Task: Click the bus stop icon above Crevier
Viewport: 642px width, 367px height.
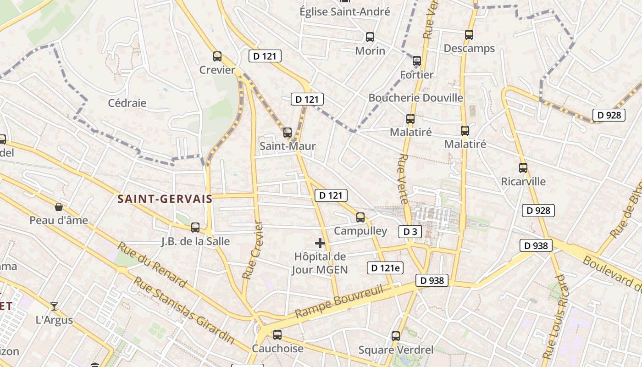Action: pos(217,56)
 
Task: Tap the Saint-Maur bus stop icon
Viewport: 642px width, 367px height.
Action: pos(288,133)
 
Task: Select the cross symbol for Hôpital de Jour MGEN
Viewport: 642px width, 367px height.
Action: pos(320,243)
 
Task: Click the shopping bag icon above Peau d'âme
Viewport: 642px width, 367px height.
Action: pos(59,207)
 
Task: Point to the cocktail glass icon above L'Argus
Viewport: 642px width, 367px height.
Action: pos(54,306)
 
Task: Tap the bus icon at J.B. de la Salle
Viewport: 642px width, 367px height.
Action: pos(195,227)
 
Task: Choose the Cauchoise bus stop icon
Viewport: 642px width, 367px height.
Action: pos(277,335)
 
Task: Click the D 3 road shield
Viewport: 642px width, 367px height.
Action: pos(410,232)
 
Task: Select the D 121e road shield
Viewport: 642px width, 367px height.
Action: pos(385,268)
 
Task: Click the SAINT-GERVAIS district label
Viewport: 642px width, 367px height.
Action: pos(165,199)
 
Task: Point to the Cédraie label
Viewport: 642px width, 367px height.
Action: pos(127,103)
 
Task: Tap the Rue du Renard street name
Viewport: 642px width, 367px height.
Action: pos(152,265)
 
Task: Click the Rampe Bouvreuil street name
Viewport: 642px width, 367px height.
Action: pos(339,301)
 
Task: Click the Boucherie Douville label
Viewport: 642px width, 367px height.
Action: pos(415,98)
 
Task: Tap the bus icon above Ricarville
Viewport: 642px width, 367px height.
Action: pos(523,168)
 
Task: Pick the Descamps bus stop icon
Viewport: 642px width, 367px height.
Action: pos(469,35)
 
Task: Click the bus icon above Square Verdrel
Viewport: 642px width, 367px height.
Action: pos(396,336)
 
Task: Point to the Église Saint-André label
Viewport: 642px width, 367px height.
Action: pos(345,11)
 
